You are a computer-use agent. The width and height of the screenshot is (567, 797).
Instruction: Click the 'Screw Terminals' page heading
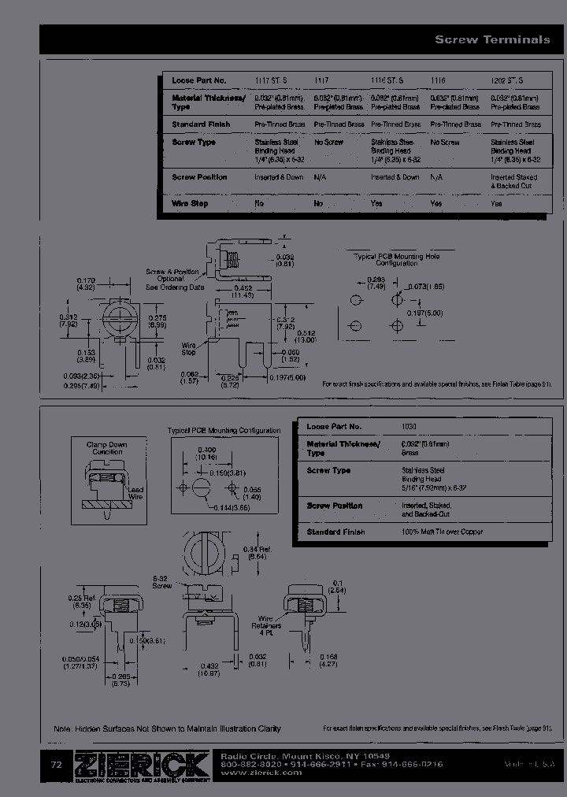coord(492,39)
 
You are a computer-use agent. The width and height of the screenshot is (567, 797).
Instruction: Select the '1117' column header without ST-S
coord(321,80)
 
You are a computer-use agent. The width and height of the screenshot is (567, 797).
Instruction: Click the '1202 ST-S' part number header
coord(507,80)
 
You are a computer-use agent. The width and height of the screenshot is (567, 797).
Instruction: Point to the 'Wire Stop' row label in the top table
coord(190,203)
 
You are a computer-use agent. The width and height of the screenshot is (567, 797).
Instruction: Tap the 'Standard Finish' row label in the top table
coord(200,124)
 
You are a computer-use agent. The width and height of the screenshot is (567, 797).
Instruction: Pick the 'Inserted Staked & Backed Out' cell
coord(515,181)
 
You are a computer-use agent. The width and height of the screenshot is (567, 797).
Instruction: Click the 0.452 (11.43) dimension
coord(243,291)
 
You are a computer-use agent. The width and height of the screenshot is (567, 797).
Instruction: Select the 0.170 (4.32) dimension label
coord(86,284)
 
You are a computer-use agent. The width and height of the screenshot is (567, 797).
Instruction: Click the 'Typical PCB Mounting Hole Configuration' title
coord(396,260)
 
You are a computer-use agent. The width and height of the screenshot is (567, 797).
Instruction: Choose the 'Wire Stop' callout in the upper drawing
coord(189,348)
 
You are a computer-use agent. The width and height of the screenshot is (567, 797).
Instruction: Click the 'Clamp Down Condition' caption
coord(106,448)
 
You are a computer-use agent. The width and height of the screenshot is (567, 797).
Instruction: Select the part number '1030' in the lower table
coord(409,426)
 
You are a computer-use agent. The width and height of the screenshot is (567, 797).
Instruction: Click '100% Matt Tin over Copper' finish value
coord(442,532)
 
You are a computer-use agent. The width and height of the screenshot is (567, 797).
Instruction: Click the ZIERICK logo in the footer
coord(142,765)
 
